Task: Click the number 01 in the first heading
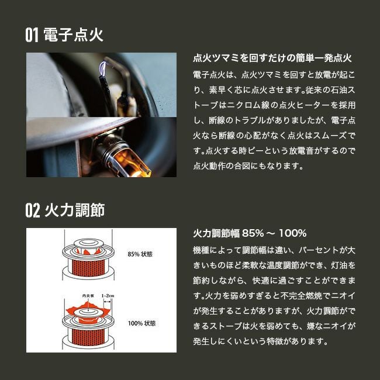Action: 32,35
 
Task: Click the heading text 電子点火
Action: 74,35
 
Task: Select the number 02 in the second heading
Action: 33,210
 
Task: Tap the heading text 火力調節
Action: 75,210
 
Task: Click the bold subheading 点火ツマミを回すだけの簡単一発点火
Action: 272,58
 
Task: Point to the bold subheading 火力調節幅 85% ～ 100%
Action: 250,233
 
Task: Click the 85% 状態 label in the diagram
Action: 140,254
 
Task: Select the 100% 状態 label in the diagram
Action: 141,323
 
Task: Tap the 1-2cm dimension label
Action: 108,296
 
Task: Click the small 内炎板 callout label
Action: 88,296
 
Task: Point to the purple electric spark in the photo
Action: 103,68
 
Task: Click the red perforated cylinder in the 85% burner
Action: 88,268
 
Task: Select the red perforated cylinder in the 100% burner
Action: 88,337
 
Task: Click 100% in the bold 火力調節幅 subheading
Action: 293,233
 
